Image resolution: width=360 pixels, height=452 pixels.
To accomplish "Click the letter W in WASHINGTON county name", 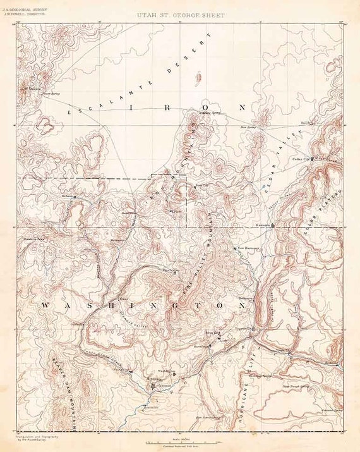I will click(45, 306).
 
